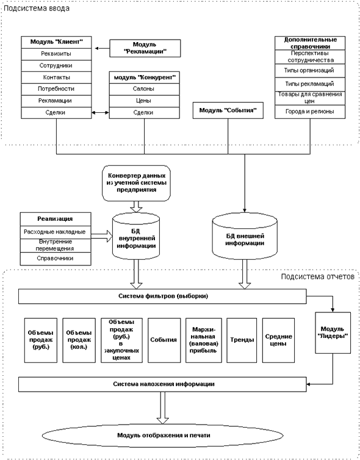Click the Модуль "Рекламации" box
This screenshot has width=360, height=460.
click(x=145, y=48)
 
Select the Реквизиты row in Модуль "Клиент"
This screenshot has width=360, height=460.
click(x=56, y=54)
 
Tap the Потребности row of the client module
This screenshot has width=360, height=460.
click(x=56, y=89)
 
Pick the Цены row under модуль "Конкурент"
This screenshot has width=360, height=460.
click(x=145, y=101)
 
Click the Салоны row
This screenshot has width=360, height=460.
click(x=145, y=89)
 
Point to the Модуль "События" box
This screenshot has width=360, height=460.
click(x=228, y=110)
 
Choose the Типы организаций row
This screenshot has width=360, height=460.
click(x=310, y=71)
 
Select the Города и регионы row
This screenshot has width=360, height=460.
click(x=310, y=112)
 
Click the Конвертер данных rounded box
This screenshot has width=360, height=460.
click(x=137, y=183)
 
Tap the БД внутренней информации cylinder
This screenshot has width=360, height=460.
click(x=136, y=237)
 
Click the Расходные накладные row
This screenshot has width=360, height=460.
click(x=56, y=232)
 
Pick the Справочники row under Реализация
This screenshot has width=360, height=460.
click(x=56, y=259)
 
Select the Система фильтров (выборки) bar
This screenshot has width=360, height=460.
click(x=162, y=296)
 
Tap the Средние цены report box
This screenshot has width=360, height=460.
click(x=278, y=340)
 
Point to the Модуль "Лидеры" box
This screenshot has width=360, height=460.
click(x=333, y=332)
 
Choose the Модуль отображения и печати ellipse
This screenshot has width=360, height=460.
click(x=163, y=436)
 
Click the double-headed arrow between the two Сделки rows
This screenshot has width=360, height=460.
click(x=100, y=113)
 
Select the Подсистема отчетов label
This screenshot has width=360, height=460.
click(x=318, y=276)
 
